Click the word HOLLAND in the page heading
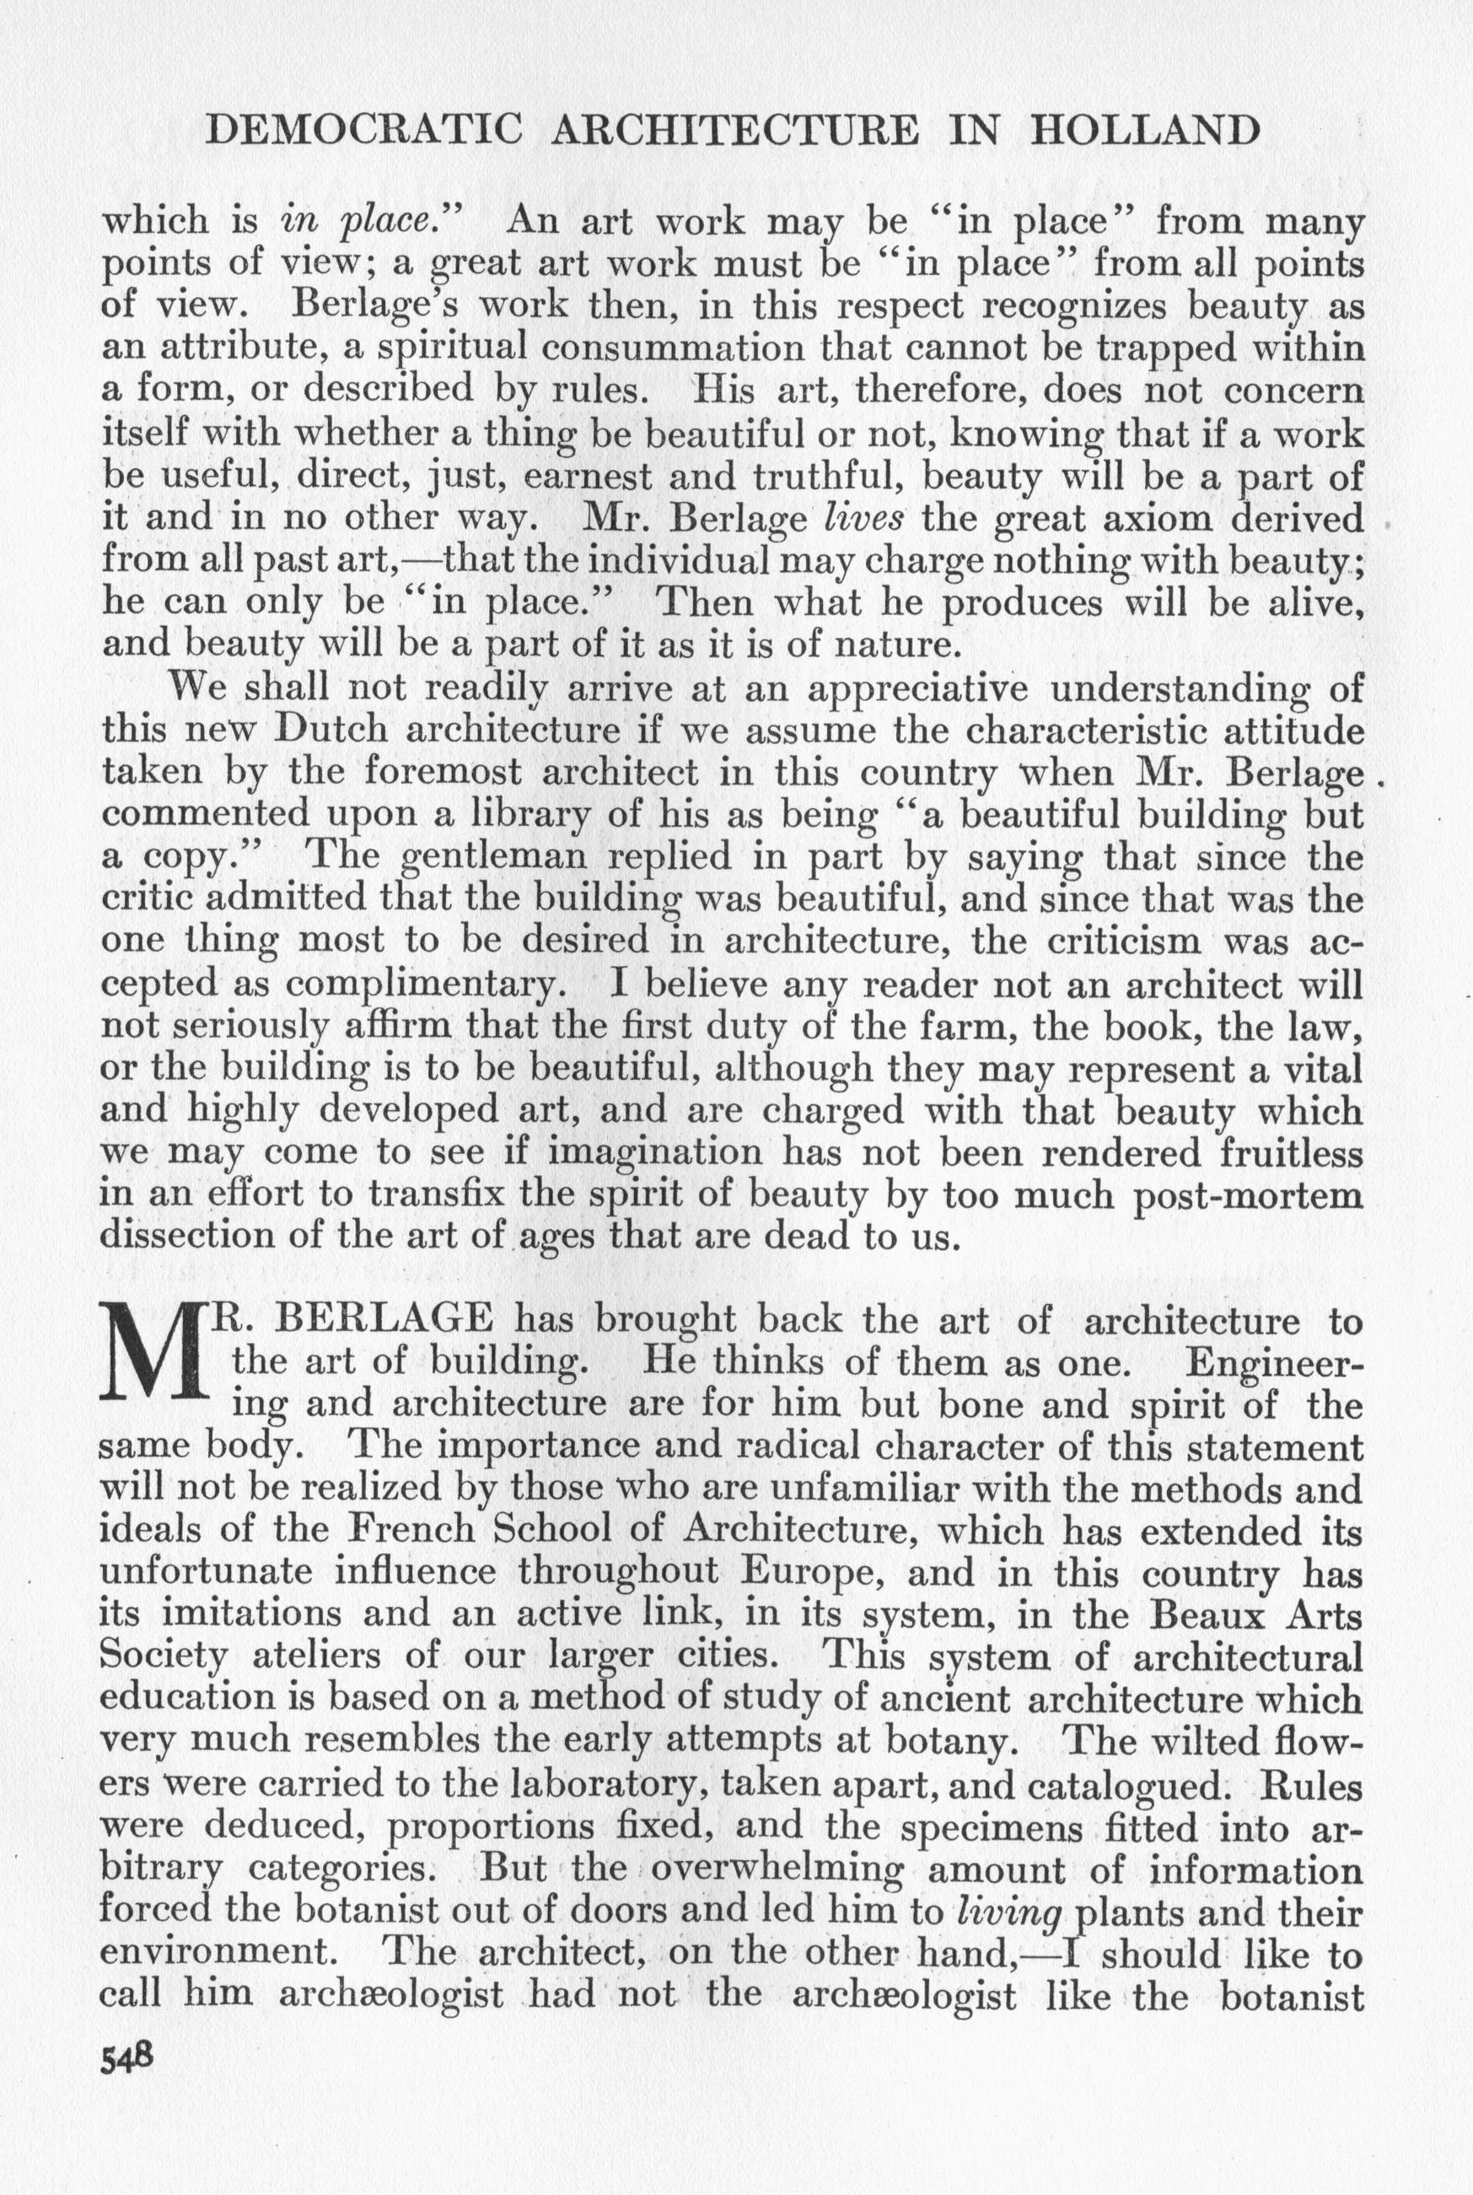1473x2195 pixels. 1145,131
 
